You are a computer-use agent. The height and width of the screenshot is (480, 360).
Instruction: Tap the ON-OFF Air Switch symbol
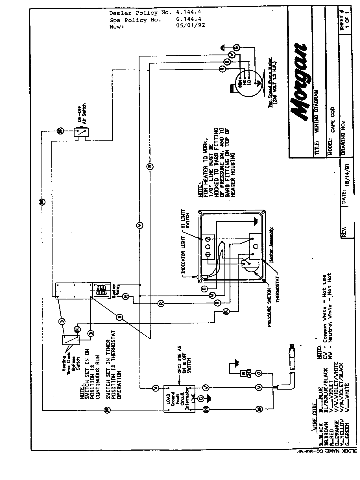pyautogui.click(x=81, y=132)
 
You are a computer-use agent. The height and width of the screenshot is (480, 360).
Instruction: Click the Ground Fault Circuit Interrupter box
pyautogui.click(x=179, y=399)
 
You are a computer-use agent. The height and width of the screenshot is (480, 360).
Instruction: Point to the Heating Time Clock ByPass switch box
pyautogui.click(x=71, y=340)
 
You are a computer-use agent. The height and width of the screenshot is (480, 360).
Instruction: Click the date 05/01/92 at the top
pyautogui.click(x=190, y=25)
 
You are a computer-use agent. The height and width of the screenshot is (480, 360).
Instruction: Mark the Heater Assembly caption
pyautogui.click(x=272, y=245)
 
